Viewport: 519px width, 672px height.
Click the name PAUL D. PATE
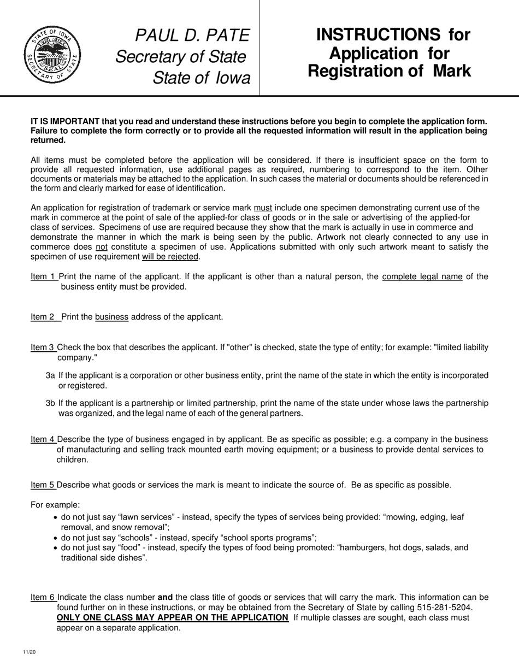(x=192, y=36)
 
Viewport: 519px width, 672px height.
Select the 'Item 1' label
(x=43, y=276)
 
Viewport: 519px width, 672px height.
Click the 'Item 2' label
(x=43, y=317)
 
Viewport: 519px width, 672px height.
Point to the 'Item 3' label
(x=43, y=347)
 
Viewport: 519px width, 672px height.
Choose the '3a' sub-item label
(x=51, y=375)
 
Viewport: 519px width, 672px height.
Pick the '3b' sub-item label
(x=51, y=403)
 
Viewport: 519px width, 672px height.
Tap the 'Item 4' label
(x=43, y=439)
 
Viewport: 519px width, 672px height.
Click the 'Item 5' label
(x=43, y=485)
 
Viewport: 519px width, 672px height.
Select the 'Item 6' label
(x=43, y=597)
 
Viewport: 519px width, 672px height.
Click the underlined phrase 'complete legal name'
(x=422, y=276)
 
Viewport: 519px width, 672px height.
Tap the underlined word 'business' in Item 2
(x=111, y=317)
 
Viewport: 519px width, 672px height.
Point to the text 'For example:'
(x=55, y=505)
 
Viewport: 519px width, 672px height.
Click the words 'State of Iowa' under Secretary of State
(x=201, y=78)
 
